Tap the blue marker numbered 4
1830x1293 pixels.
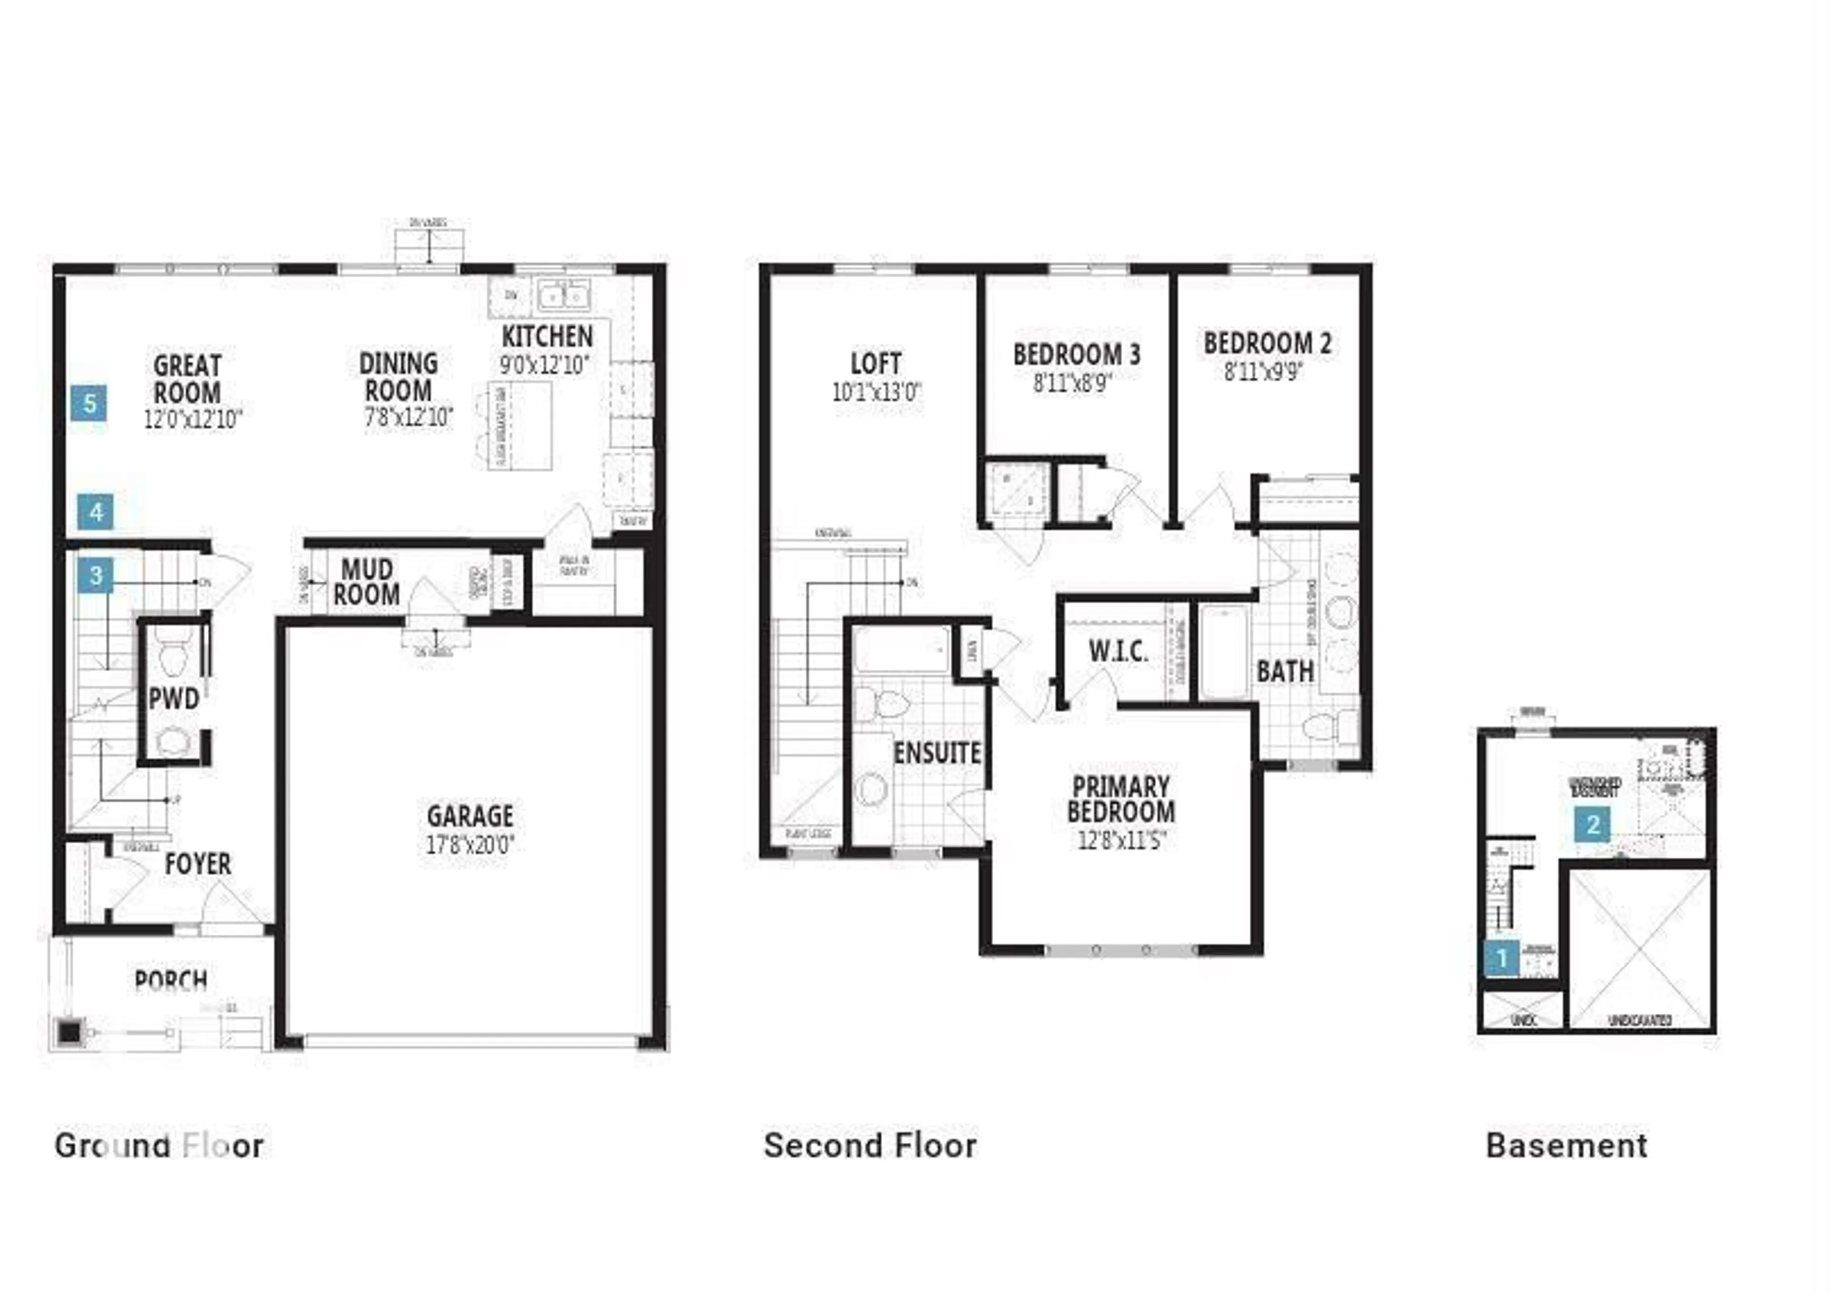96,512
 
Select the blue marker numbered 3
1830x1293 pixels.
96,575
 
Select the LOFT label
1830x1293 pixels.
876,364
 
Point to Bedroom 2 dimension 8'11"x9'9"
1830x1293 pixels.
1264,371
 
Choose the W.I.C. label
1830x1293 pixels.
1118,651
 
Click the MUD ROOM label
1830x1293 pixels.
366,582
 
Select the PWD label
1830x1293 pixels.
174,699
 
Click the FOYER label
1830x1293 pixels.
198,864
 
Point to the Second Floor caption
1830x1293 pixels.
870,1146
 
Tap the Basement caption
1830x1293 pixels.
1566,1146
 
